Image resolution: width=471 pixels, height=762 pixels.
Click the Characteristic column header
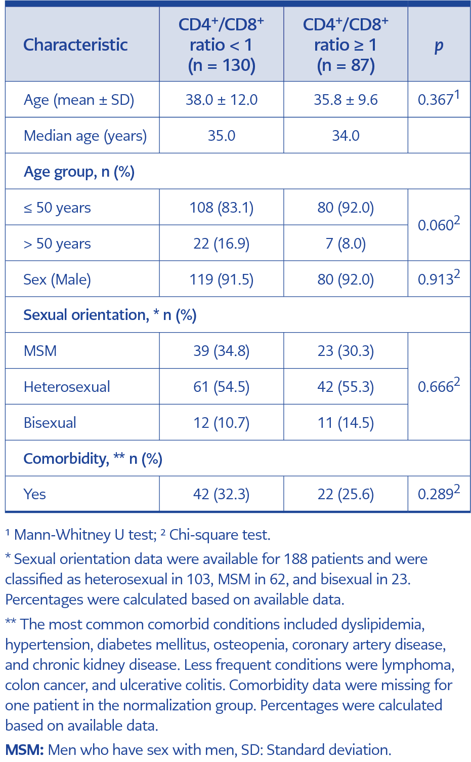tap(75, 45)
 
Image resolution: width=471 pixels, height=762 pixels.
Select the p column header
tap(439, 46)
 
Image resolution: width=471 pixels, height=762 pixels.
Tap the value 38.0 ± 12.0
tap(221, 100)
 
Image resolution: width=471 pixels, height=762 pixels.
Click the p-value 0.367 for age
tap(439, 98)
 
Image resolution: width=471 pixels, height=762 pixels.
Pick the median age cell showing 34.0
tap(346, 136)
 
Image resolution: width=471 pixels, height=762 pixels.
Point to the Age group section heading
tap(79, 172)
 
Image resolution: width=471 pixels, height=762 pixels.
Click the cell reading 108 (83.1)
tap(221, 208)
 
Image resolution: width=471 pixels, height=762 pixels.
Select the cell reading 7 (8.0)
tap(346, 244)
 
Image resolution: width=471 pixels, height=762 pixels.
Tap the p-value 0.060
tap(439, 223)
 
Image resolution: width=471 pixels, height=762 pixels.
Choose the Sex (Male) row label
tap(57, 279)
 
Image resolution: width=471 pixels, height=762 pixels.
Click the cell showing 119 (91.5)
tap(221, 279)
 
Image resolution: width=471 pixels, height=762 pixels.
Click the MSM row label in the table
tap(40, 351)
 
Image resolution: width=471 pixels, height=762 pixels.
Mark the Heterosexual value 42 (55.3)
tap(346, 387)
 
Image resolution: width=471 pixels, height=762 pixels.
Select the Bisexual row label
tap(50, 422)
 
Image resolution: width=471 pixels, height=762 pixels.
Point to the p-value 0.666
tap(439, 385)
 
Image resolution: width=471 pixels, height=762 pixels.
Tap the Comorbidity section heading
tap(93, 459)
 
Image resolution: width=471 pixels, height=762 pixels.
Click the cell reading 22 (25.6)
tap(346, 494)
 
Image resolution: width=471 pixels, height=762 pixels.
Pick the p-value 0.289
tap(439, 493)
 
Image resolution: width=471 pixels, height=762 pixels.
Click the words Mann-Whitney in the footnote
tap(63, 535)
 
